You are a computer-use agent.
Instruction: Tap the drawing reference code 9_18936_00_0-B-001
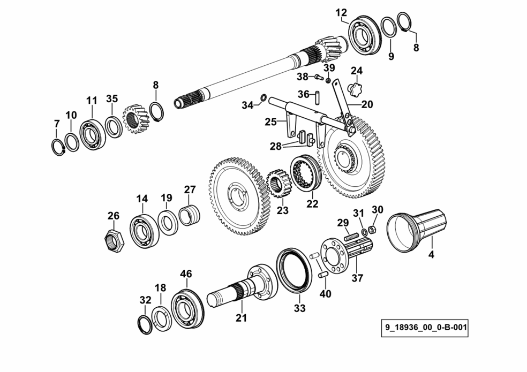[x=425, y=328]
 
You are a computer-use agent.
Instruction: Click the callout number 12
[x=341, y=13]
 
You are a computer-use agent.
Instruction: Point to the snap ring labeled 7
[x=59, y=147]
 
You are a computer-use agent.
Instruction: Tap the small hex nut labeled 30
[x=372, y=230]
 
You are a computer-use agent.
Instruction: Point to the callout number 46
[x=186, y=274]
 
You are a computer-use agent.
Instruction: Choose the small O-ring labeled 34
[x=264, y=98]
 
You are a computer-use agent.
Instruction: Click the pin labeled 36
[x=318, y=96]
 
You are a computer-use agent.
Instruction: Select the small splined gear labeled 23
[x=278, y=184]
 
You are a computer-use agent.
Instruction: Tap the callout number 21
[x=241, y=317]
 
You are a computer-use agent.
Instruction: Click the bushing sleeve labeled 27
[x=189, y=215]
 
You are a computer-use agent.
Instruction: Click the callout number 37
[x=357, y=278]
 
